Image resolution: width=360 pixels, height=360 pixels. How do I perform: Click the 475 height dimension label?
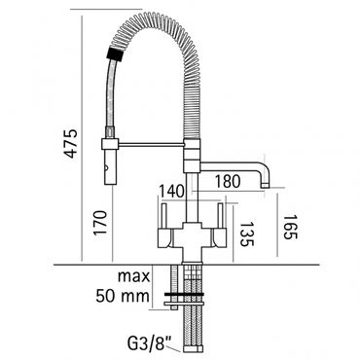click(71, 144)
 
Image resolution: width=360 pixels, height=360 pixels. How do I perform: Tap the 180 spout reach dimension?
click(227, 182)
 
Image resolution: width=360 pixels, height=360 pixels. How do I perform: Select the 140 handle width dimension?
click(171, 192)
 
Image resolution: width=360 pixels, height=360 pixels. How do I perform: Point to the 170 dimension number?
click(99, 223)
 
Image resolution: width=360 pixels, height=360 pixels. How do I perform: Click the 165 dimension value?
click(290, 227)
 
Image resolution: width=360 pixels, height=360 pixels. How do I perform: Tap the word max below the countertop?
click(133, 276)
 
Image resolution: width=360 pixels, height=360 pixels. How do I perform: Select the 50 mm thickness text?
click(123, 296)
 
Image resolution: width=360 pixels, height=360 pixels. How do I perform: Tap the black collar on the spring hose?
click(116, 54)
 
